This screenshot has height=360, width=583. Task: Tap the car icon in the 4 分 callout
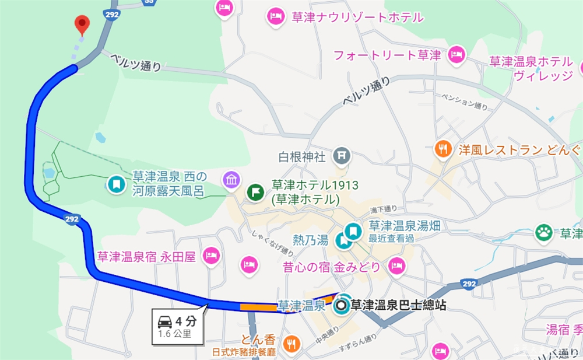coord(165,321)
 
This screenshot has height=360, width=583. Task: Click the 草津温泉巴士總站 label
coord(398,305)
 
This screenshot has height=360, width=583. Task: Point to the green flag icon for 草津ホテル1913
coord(255,192)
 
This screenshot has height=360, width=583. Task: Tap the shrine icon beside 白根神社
coord(340,156)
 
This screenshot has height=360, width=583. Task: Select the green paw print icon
coord(544,232)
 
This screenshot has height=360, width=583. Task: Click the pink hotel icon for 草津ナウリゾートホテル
coord(276,17)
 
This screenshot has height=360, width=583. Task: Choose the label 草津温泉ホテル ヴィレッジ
coord(531,68)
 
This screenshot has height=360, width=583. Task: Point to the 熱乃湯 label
coord(311,239)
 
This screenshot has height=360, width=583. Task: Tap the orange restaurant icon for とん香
coord(291,344)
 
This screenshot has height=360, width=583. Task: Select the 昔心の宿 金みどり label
coord(331,267)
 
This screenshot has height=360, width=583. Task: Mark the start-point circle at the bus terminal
coord(342,305)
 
